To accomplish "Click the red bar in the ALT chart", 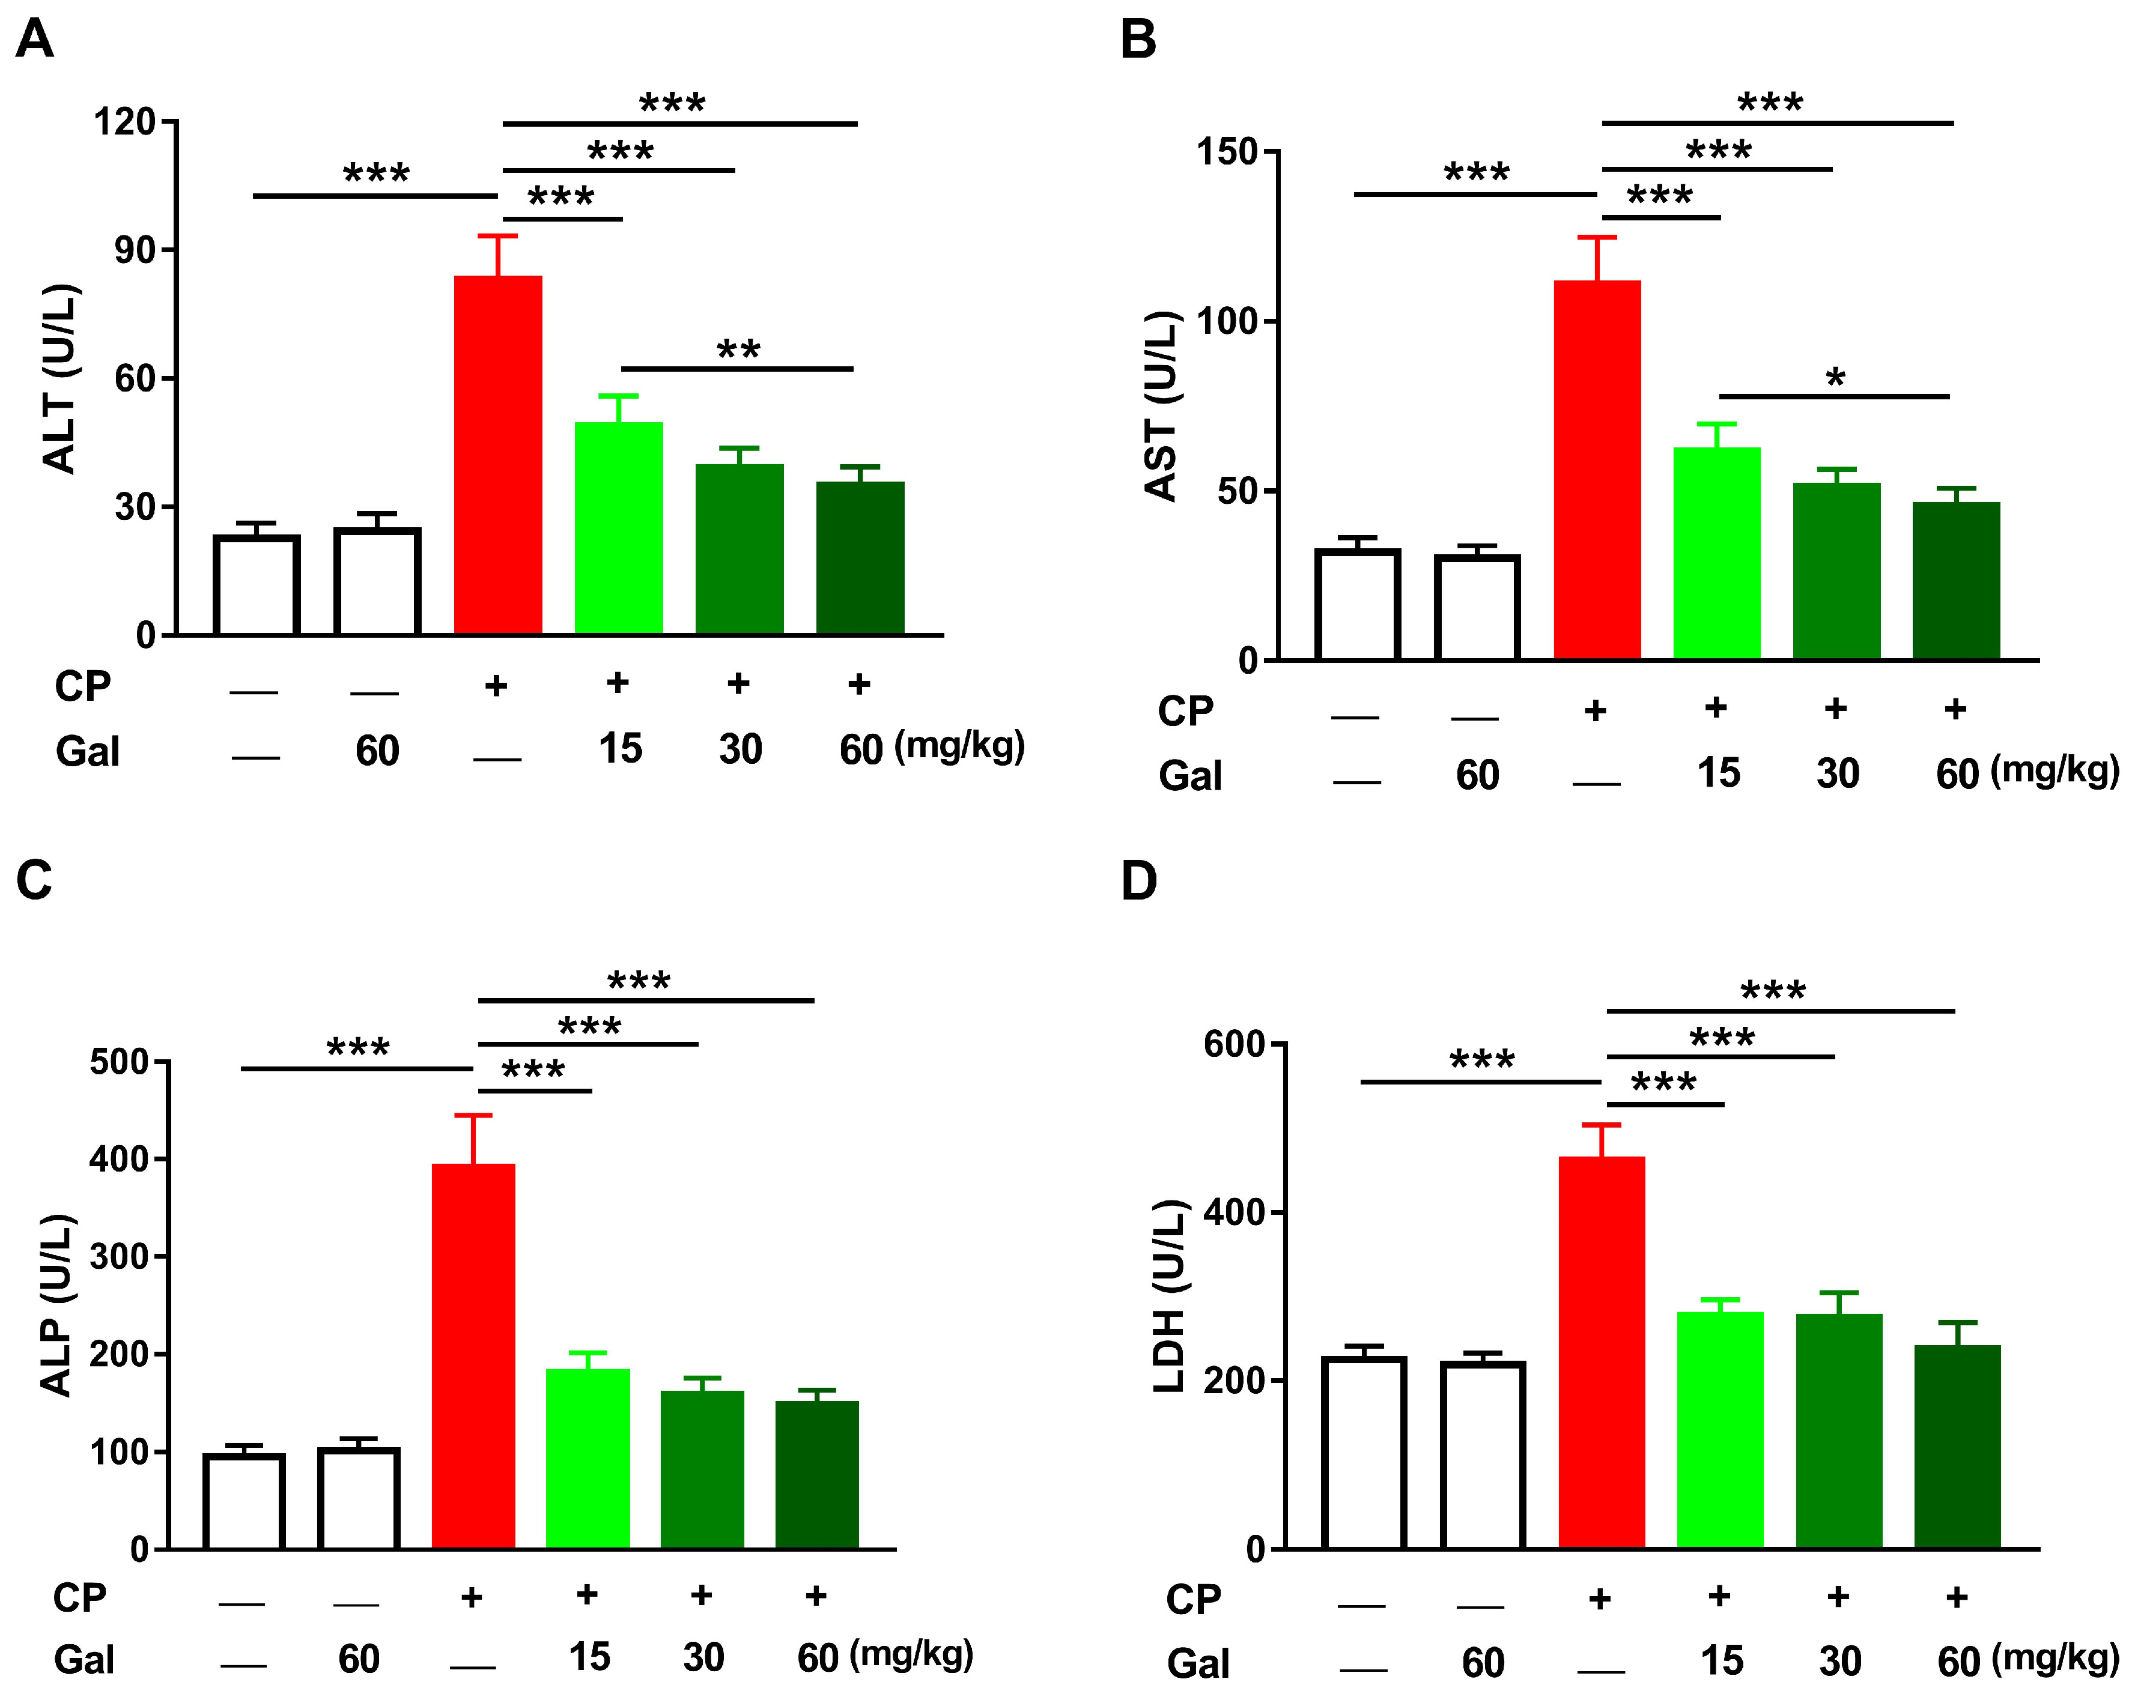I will pyautogui.click(x=497, y=454).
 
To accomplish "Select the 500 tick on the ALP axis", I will pyautogui.click(x=118, y=1063).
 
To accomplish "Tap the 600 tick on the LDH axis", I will pyautogui.click(x=1233, y=1044).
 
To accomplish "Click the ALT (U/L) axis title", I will pyautogui.click(x=59, y=379).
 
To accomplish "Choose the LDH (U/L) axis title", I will pyautogui.click(x=1169, y=1295).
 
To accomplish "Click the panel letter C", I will pyautogui.click(x=35, y=880).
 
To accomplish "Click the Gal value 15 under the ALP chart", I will pyautogui.click(x=589, y=1657).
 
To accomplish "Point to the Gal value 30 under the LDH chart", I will pyautogui.click(x=1839, y=1662).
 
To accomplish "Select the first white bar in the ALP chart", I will pyautogui.click(x=244, y=1501).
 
